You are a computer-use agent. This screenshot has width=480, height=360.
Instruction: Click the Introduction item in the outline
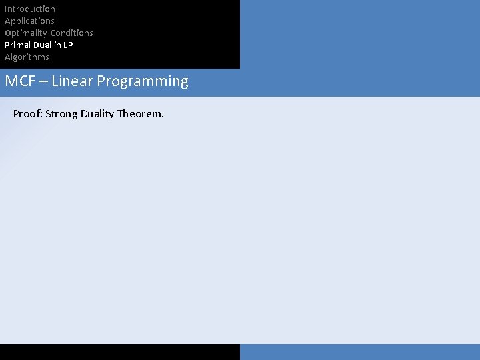(30, 9)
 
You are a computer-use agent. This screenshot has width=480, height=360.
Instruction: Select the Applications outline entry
(29, 21)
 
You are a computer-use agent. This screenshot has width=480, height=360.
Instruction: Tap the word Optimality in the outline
(25, 33)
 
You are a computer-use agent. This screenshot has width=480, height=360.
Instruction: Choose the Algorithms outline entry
(27, 57)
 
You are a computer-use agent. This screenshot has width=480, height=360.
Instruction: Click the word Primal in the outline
(17, 45)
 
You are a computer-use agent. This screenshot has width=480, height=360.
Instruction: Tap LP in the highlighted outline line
(67, 45)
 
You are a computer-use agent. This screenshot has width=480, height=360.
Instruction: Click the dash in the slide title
(42, 82)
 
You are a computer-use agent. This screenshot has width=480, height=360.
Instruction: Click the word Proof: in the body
(27, 114)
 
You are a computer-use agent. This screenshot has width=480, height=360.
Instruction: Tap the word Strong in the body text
(61, 114)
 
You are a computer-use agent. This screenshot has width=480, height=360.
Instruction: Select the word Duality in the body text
(97, 114)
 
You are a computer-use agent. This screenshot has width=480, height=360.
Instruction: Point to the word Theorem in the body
(140, 114)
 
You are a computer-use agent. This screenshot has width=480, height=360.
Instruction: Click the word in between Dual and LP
(57, 45)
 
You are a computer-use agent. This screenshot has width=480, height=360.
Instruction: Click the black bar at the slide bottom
(120, 352)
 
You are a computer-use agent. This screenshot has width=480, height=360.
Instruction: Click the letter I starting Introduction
(6, 9)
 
